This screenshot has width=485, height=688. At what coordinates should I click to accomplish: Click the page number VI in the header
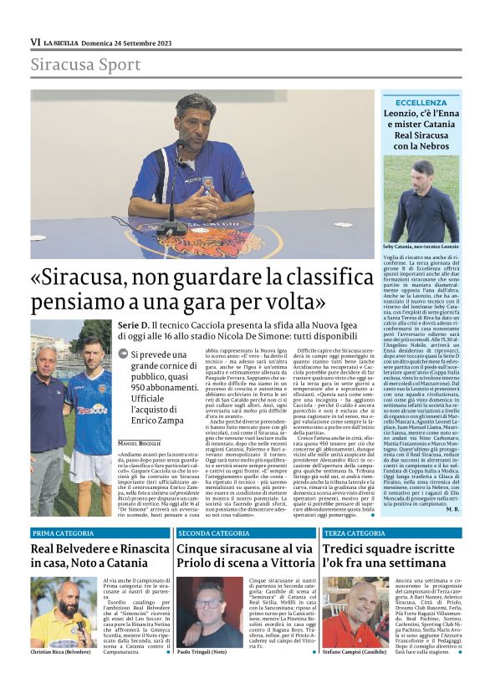click(35, 41)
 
